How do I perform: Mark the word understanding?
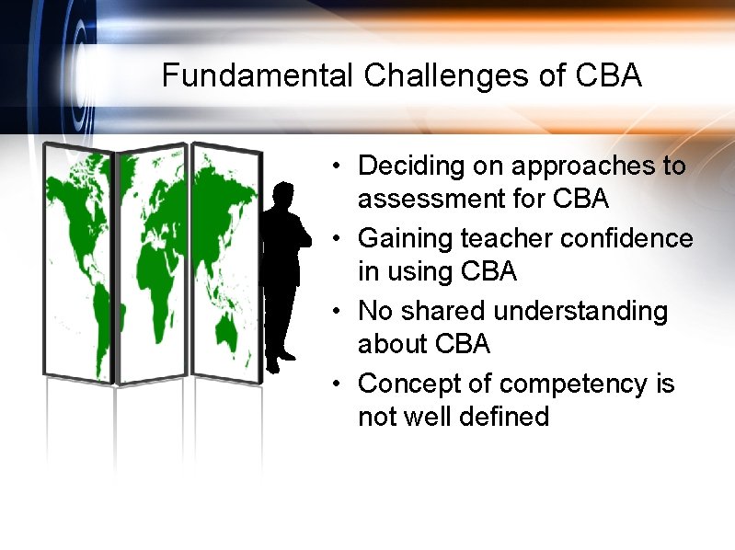click(x=581, y=311)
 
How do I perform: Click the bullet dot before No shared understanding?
click(x=339, y=311)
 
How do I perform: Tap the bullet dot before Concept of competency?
click(x=339, y=383)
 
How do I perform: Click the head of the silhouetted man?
click(x=283, y=196)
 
